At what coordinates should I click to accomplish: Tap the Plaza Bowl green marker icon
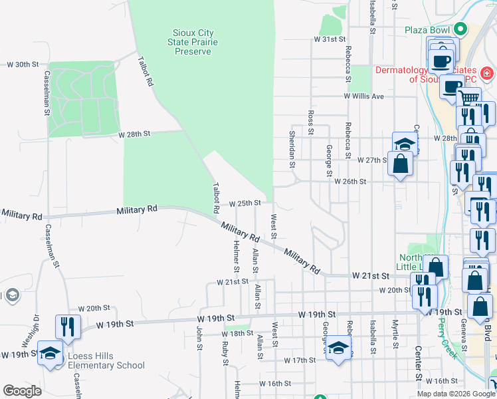click(x=460, y=29)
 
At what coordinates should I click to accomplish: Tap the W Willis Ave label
click(x=364, y=96)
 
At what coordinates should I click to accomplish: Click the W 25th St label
click(x=248, y=203)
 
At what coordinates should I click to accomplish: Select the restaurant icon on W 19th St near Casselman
click(x=67, y=326)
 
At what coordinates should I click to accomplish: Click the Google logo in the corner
click(x=22, y=390)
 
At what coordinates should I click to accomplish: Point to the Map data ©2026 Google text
click(x=455, y=394)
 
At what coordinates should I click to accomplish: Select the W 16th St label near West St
click(x=275, y=384)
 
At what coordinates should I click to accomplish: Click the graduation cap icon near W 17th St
click(x=338, y=347)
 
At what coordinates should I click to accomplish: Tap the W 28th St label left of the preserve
click(x=135, y=134)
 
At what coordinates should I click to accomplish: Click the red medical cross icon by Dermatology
click(x=487, y=72)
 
